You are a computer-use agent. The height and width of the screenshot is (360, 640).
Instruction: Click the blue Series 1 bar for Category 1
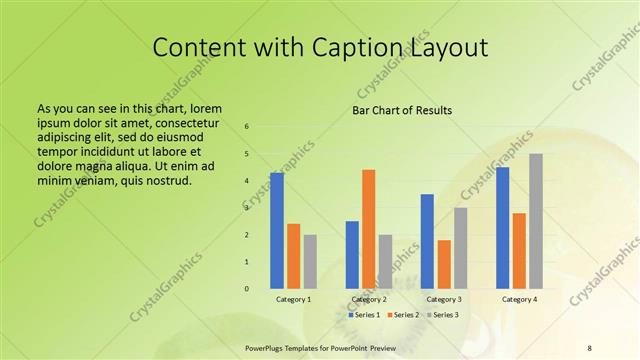coord(276,231)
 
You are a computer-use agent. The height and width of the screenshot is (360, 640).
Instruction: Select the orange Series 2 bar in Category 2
coord(368,229)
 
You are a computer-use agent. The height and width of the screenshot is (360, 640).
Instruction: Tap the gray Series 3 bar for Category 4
coord(536,221)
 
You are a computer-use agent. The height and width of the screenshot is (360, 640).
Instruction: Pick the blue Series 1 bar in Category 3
coord(427,241)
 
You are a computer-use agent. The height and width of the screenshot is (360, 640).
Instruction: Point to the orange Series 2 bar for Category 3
coord(444,264)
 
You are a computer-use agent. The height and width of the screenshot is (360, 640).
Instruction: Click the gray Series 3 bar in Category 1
coord(310,262)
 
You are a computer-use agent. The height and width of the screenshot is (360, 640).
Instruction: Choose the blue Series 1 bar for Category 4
coord(502,228)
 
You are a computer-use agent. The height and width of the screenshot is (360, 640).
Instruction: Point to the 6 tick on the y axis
coord(247,127)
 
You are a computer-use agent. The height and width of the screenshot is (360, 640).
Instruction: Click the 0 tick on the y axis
coord(247,289)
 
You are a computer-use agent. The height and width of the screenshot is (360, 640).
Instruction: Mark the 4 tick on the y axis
coord(247,181)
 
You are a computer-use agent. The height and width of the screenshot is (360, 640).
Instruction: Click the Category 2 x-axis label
coord(368,300)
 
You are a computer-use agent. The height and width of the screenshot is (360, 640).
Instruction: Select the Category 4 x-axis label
coord(519,300)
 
